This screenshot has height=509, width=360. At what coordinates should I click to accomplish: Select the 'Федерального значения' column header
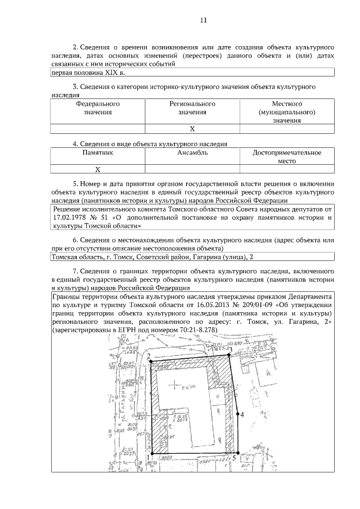98,108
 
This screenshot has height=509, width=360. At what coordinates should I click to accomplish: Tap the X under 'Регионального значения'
192,129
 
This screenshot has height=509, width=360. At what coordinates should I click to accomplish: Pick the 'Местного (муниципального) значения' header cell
287,112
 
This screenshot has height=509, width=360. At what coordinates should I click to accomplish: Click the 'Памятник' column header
98,152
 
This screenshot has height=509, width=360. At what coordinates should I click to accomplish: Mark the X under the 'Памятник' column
98,169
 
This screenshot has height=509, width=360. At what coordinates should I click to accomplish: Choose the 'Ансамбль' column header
192,152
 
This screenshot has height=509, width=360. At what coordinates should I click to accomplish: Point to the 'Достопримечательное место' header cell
287,156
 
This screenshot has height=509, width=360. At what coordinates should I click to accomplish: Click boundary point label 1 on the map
147,458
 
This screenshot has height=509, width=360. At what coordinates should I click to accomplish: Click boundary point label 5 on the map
233,458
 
